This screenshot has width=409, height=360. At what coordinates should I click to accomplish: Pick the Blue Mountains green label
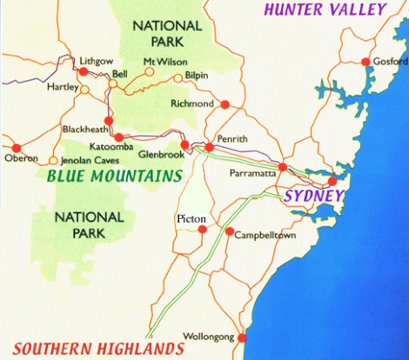(x=109, y=175)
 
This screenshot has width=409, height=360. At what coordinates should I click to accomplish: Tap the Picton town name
(x=190, y=217)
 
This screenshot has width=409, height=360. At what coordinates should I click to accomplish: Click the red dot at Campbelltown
(x=230, y=232)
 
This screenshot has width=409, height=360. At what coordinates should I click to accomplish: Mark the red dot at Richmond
(x=225, y=104)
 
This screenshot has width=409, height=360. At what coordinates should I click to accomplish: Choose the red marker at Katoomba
(x=119, y=137)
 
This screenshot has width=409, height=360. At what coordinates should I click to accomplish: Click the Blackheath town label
(x=84, y=129)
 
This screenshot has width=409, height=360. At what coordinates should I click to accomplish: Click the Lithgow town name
(x=96, y=60)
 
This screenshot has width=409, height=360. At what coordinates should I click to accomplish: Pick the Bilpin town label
(x=198, y=76)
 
